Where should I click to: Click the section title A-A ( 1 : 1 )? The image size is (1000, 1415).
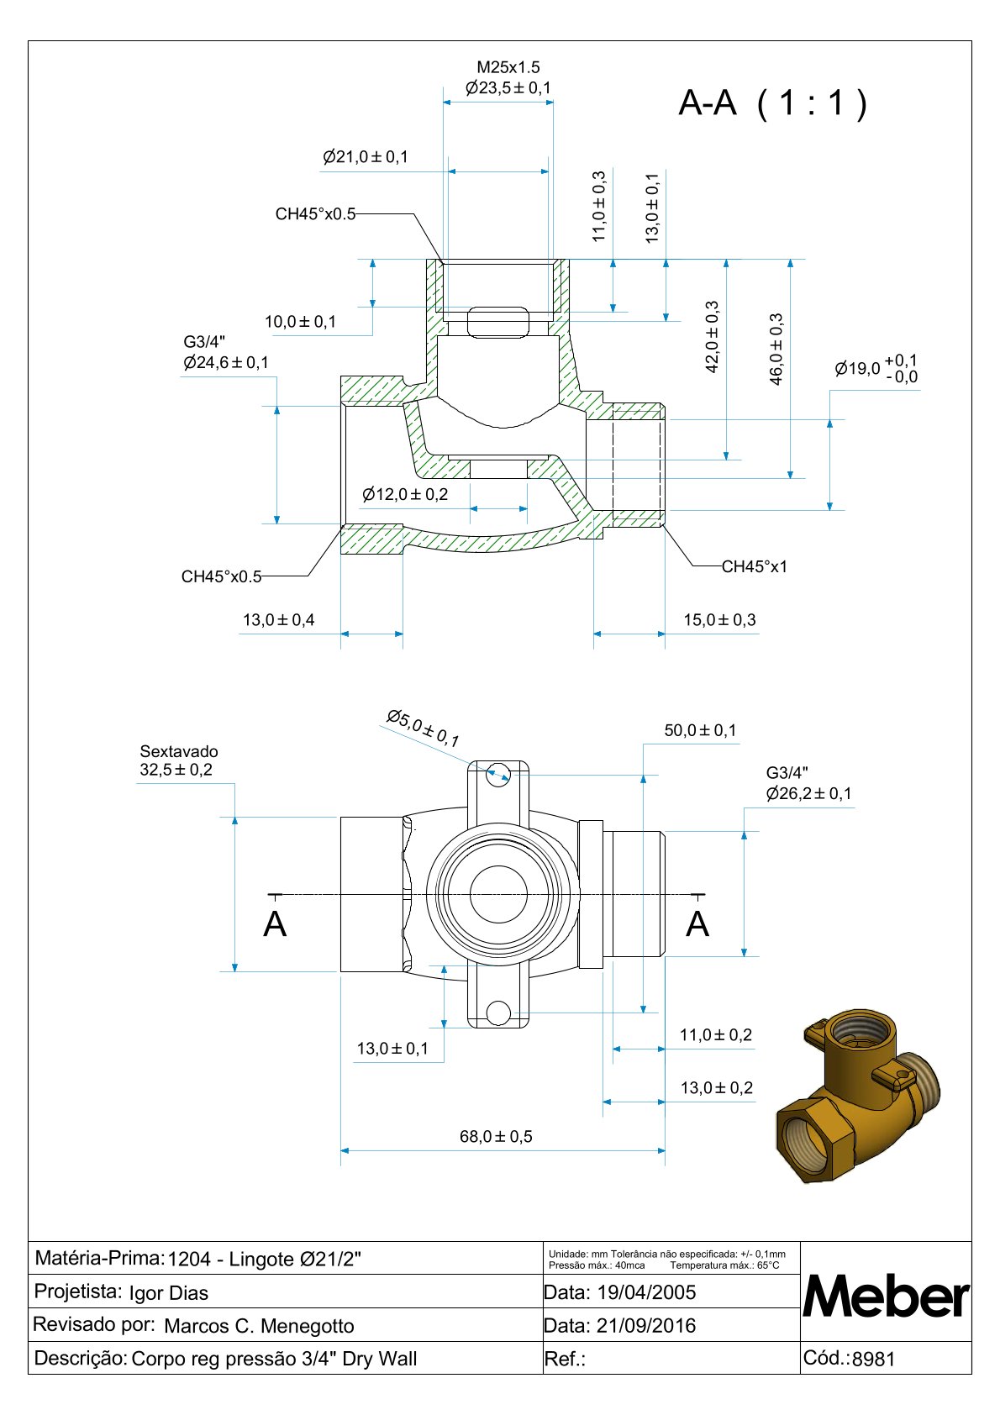click(x=772, y=103)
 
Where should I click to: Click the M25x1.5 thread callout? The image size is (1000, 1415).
click(x=508, y=67)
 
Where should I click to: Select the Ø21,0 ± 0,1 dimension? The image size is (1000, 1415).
click(x=366, y=157)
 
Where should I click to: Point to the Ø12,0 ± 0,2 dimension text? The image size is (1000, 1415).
click(x=405, y=494)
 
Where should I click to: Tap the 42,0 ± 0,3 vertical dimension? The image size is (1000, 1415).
click(x=713, y=337)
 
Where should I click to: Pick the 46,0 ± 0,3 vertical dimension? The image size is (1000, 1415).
click(x=776, y=349)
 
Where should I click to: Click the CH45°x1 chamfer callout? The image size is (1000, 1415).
click(x=755, y=566)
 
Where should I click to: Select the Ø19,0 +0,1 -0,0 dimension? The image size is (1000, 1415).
click(x=876, y=369)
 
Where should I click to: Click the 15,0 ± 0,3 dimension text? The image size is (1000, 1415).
click(x=719, y=620)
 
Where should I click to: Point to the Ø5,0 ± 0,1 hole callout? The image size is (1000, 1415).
click(x=424, y=728)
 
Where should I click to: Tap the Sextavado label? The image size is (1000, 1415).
click(x=179, y=751)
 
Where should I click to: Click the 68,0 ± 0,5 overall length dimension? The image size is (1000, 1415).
click(x=496, y=1137)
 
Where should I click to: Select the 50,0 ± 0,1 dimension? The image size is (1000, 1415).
click(x=700, y=730)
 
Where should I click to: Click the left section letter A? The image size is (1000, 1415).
click(x=275, y=924)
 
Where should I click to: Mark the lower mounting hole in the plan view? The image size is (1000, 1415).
click(x=499, y=1012)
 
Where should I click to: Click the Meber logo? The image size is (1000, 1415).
click(x=886, y=1297)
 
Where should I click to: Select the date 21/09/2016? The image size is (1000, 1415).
click(x=646, y=1326)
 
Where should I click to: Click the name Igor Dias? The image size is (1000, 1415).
click(x=169, y=1293)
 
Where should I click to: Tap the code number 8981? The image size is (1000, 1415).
click(x=874, y=1360)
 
